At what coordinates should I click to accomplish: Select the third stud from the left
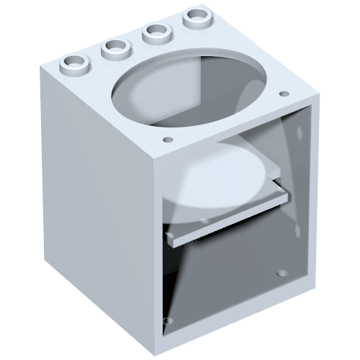click(x=155, y=31)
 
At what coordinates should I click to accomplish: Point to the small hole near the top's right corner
click(x=283, y=94)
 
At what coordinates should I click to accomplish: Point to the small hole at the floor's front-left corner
click(x=168, y=319)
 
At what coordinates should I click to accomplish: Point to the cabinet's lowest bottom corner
click(x=159, y=349)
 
